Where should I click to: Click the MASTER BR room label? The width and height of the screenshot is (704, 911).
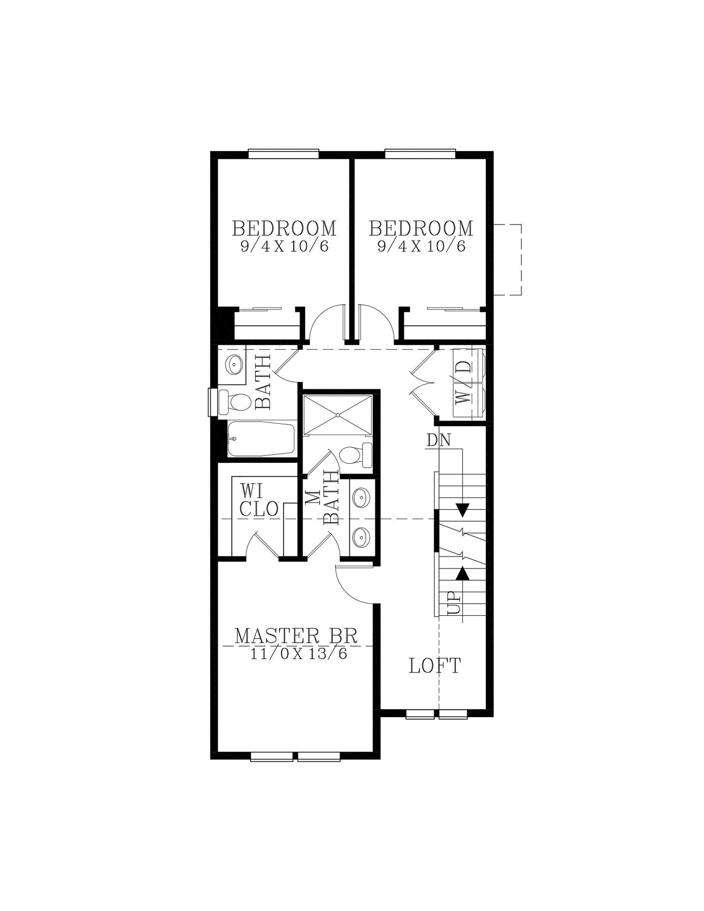(x=296, y=636)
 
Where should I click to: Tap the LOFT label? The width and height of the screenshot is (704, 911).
(x=435, y=666)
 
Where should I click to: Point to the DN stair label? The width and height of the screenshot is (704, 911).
(x=438, y=440)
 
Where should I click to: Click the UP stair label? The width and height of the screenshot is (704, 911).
(x=454, y=603)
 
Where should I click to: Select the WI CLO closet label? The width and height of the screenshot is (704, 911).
(x=259, y=500)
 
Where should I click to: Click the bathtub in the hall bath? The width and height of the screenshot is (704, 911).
(x=261, y=439)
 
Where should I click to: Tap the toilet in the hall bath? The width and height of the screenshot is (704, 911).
(x=235, y=402)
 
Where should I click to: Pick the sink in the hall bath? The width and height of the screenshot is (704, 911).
(x=234, y=364)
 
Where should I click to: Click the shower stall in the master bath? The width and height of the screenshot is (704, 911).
(x=338, y=415)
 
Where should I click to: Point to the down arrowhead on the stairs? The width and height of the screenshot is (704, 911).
(x=463, y=510)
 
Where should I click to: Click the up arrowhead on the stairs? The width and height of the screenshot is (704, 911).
(x=463, y=573)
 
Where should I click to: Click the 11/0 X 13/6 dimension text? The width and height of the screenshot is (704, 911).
(x=299, y=653)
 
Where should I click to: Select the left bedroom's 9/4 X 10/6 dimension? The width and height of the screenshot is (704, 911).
(x=285, y=246)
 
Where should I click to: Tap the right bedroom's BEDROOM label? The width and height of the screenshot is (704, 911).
(x=421, y=228)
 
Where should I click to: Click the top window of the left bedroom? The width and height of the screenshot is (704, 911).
(x=284, y=154)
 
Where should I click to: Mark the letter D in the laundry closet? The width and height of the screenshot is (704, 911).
(x=466, y=366)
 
